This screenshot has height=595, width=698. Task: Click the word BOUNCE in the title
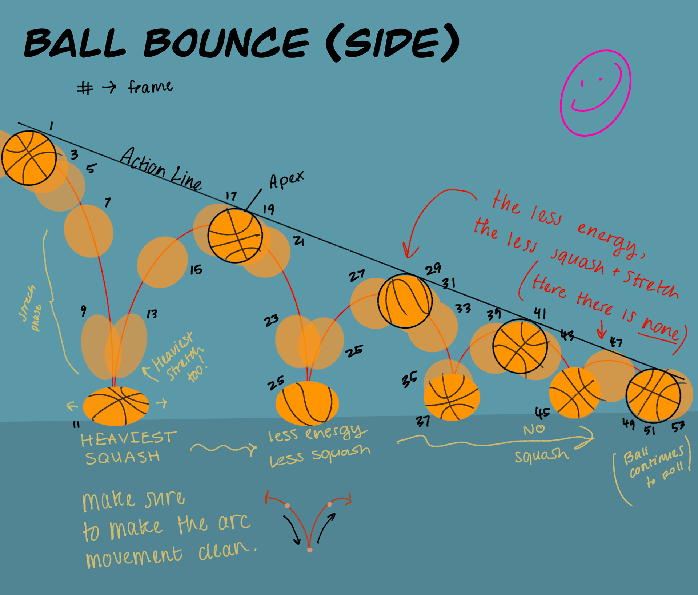coord(226,43)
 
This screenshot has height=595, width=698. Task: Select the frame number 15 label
coord(196,270)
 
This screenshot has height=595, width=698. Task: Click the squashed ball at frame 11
coord(116,406)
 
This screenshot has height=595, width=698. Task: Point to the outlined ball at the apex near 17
coord(235,236)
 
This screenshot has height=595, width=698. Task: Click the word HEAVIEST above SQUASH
coord(129,438)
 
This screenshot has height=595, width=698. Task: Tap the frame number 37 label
coord(423,421)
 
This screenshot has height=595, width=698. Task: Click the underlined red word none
coord(660,329)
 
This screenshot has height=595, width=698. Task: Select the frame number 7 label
coord(108,202)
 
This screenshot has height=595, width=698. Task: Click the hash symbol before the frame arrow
coord(85,88)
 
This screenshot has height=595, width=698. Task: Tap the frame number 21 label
coord(299,241)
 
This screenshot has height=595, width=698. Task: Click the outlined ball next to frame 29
coord(405,301)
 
